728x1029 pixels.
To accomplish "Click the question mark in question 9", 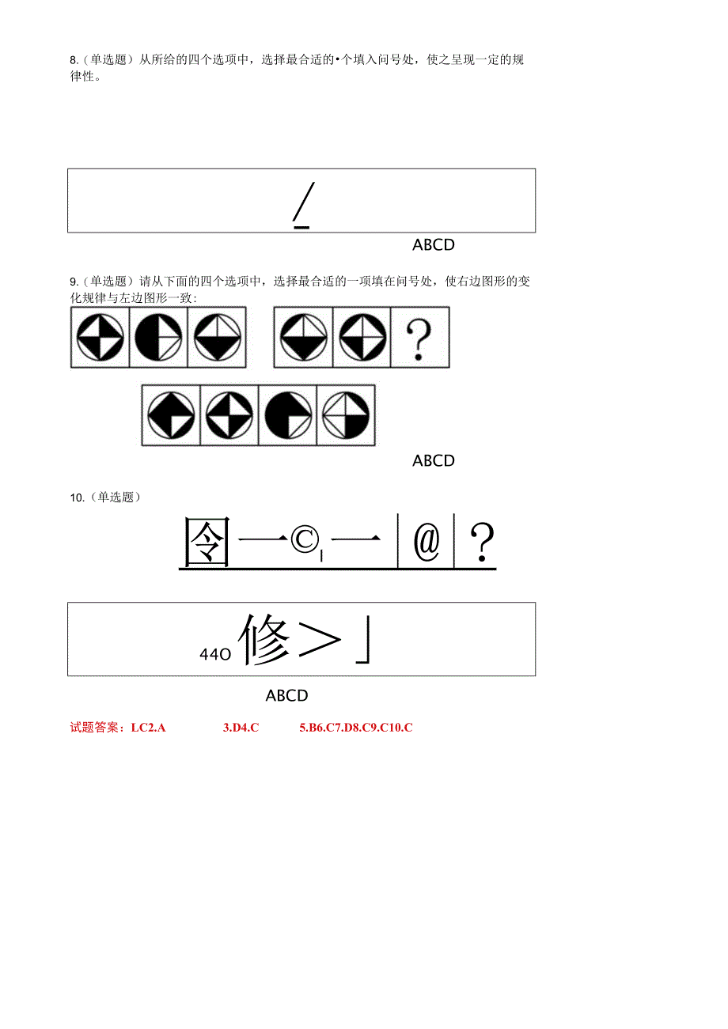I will (x=419, y=338).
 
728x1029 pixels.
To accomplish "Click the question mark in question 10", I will (x=482, y=543).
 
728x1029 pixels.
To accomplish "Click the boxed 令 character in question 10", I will (x=207, y=543).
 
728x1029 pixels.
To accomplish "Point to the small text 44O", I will (x=214, y=654).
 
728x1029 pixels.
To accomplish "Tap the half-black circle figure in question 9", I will (x=158, y=338).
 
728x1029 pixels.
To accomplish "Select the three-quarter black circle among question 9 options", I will (x=288, y=415).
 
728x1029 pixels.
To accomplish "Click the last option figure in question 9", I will (x=346, y=415).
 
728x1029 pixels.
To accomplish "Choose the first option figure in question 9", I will (x=171, y=415).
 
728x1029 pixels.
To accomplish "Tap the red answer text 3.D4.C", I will (x=241, y=728).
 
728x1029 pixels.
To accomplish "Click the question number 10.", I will (x=77, y=497).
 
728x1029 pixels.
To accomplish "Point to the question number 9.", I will (x=74, y=282).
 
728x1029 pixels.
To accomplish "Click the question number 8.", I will (x=74, y=60).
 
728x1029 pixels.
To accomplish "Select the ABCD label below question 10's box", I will (x=286, y=696).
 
